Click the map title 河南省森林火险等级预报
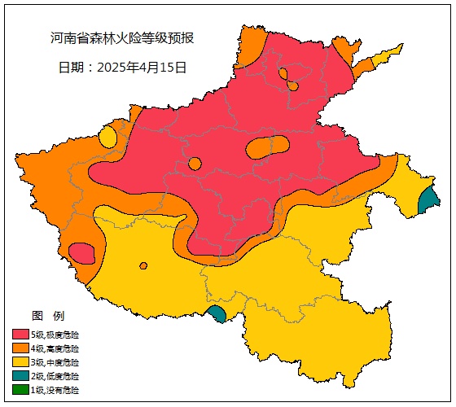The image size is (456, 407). pos(122,38)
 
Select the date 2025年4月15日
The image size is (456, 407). pos(122,68)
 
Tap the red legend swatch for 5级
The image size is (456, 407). pos(20,335)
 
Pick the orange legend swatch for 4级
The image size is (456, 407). pos(20,348)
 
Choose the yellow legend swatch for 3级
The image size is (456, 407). pos(20,362)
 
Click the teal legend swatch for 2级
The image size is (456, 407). pos(20,376)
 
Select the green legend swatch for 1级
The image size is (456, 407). pos(20,390)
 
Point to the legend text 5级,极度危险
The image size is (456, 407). pos(55,335)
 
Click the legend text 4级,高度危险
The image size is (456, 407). pos(55,348)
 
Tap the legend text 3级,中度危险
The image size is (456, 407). pos(55,362)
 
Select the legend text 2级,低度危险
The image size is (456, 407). pos(55,376)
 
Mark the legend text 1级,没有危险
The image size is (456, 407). pos(55,390)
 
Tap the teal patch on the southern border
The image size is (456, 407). pos(217,314)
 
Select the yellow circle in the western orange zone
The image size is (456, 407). pos(108,137)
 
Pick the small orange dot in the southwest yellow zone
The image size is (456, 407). pos(143,265)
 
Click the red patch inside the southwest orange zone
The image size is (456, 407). pos(81,253)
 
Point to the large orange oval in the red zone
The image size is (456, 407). pos(266,147)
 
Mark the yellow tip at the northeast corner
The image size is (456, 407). pos(389,55)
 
